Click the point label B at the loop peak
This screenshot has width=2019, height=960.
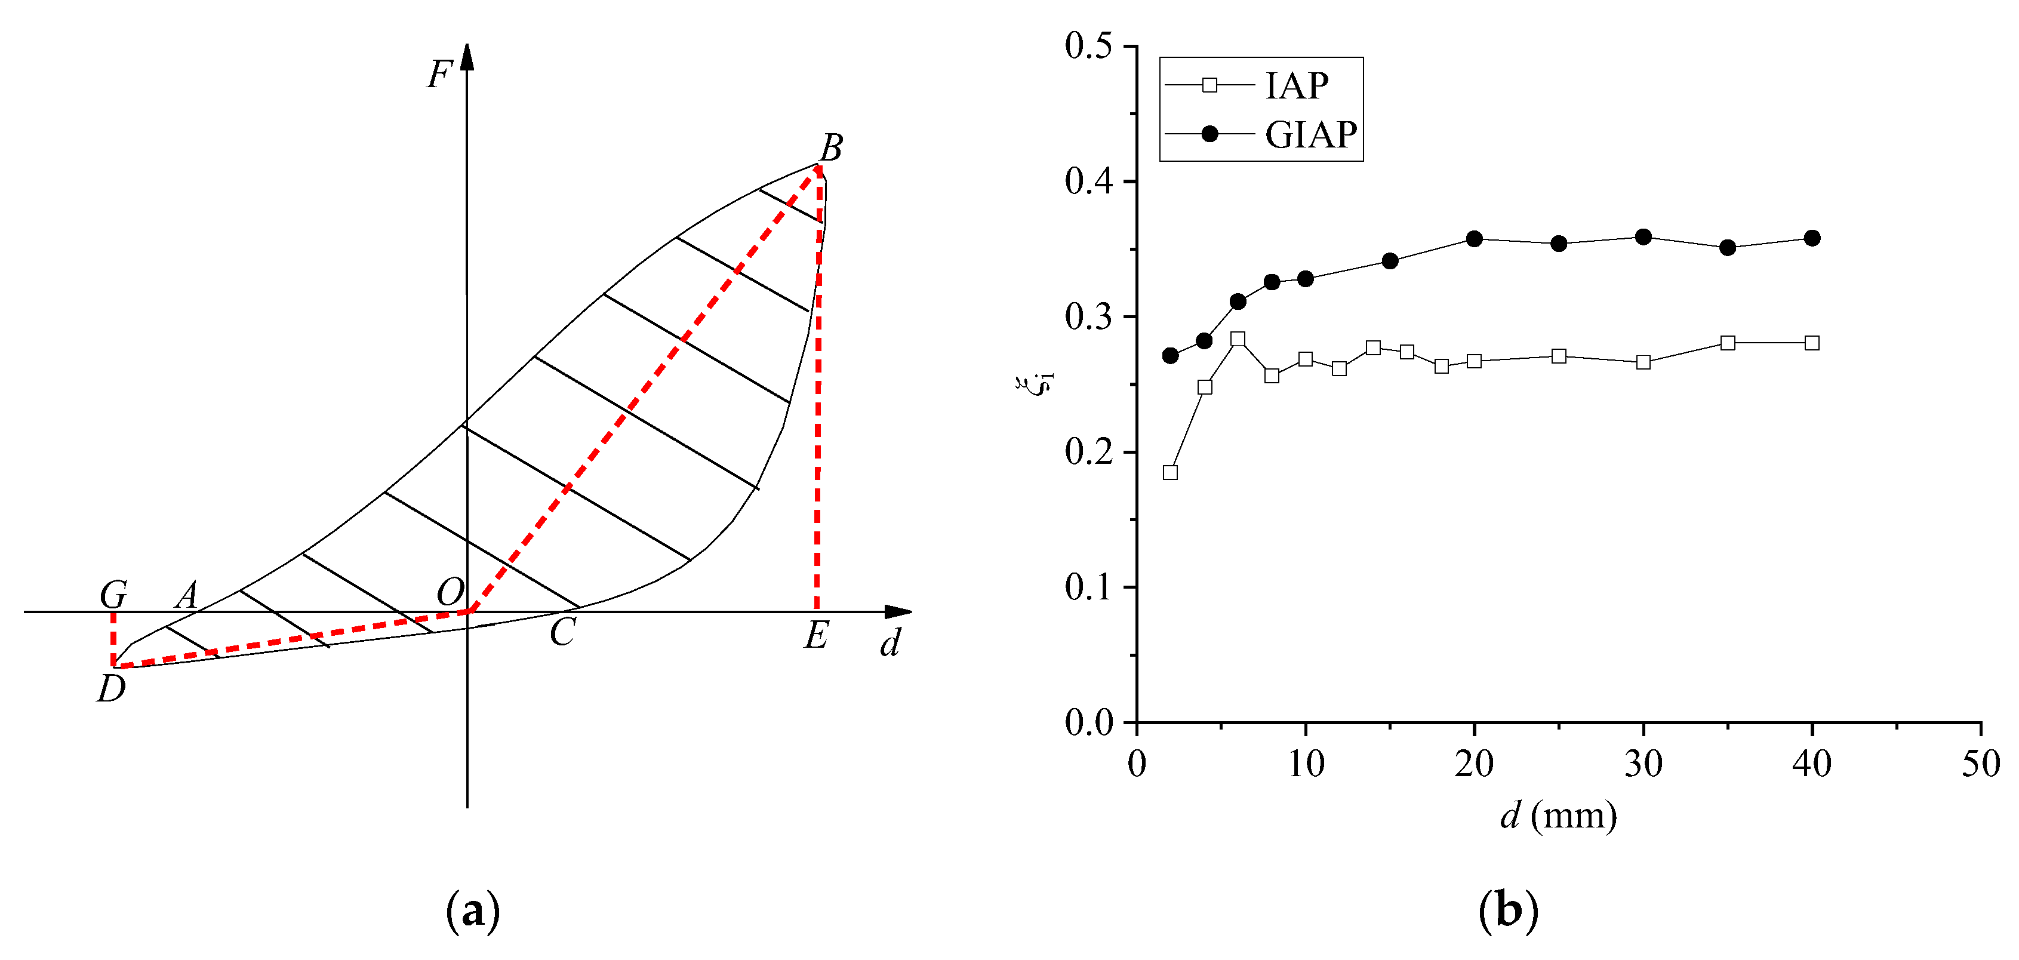click(832, 147)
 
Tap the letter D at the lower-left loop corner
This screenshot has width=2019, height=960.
click(111, 689)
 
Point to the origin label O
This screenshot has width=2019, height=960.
click(450, 592)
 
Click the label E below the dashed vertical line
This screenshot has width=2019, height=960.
click(816, 635)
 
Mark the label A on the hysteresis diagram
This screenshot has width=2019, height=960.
click(186, 596)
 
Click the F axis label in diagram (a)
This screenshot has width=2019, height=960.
click(439, 75)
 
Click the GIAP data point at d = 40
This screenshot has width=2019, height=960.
click(1811, 238)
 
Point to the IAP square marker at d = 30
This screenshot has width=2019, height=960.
click(1643, 362)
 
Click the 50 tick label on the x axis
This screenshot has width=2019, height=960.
click(1980, 764)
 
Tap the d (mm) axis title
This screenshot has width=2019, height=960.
click(1558, 816)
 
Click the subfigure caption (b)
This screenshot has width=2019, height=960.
click(1507, 910)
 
